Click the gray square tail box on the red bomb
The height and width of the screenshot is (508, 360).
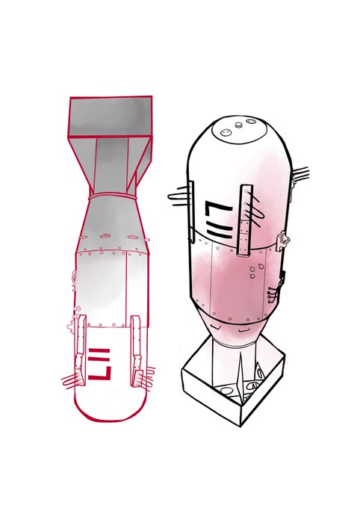[x=111, y=116]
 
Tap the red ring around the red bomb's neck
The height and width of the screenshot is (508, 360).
[x=112, y=196]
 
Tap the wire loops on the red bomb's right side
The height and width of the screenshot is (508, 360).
[x=145, y=377]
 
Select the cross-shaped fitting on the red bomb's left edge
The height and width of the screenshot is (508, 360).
[x=70, y=325]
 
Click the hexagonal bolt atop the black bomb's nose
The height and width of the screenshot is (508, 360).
[x=238, y=125]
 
